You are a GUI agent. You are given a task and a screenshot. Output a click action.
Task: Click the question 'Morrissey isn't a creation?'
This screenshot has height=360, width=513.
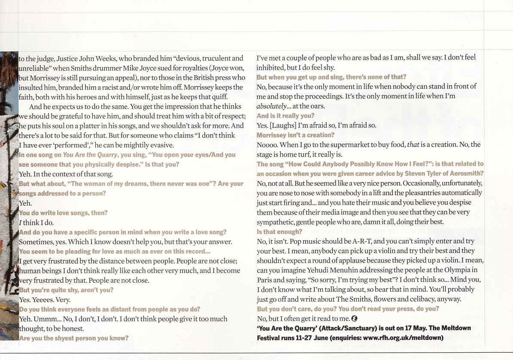click(x=295, y=135)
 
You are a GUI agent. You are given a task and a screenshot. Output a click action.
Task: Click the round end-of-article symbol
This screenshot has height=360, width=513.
click(x=354, y=318)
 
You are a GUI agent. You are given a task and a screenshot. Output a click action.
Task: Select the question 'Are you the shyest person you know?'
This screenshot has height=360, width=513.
click(x=74, y=338)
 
